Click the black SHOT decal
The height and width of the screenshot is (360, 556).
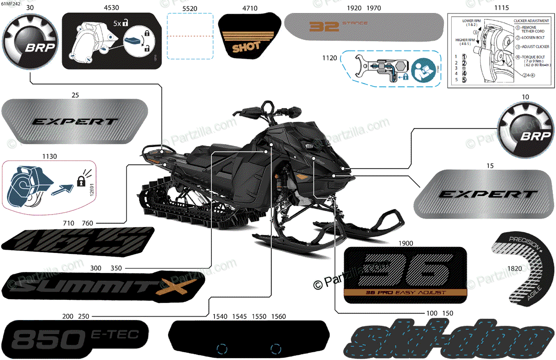point(246,42)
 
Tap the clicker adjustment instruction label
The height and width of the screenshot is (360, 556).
point(501,51)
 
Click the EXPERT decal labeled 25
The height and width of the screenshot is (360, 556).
point(74,121)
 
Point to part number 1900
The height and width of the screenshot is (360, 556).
point(405,243)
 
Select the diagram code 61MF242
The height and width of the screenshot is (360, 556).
point(11,4)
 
